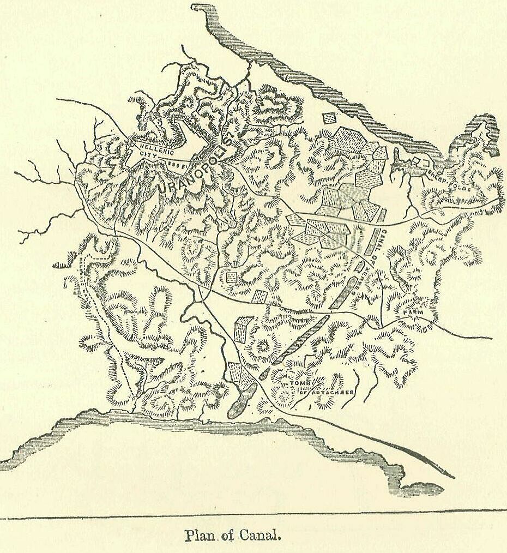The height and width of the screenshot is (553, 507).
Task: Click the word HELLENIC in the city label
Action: pyautogui.click(x=155, y=147)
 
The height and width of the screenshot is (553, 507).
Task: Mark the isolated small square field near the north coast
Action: pyautogui.click(x=329, y=118)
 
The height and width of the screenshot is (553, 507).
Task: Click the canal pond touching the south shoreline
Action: pyautogui.click(x=242, y=401)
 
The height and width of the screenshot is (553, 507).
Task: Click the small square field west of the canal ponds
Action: pyautogui.click(x=231, y=277)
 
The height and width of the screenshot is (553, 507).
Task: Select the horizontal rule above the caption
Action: pyautogui.click(x=253, y=514)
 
